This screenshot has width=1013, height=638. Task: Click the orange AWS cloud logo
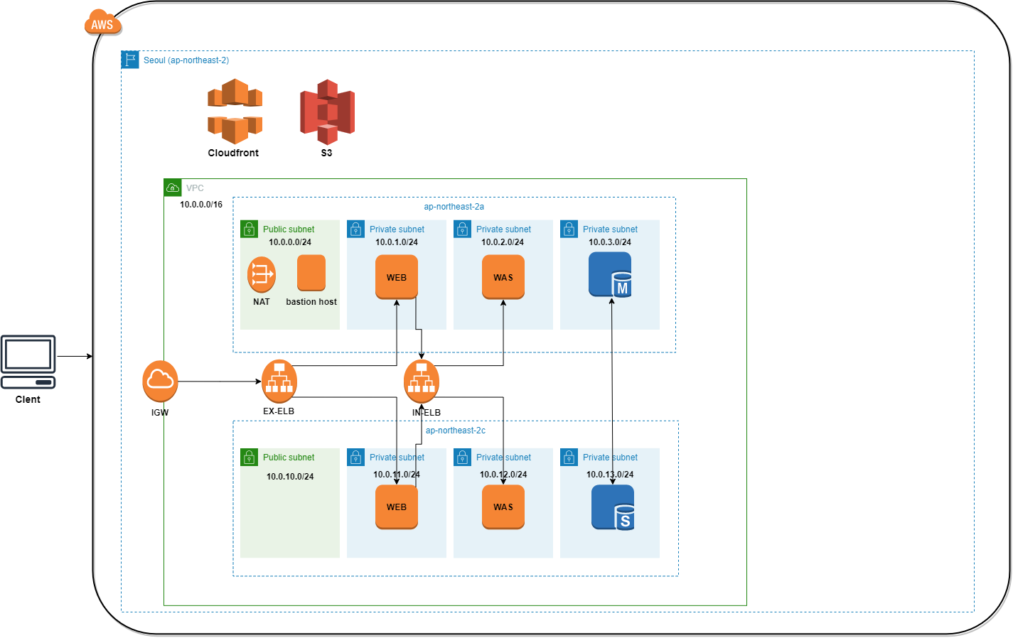click(x=103, y=22)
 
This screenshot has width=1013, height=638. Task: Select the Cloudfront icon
click(x=235, y=111)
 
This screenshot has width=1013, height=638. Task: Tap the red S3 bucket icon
click(x=327, y=112)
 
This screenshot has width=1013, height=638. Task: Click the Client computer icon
click(x=28, y=362)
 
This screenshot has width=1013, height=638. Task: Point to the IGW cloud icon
click(x=160, y=381)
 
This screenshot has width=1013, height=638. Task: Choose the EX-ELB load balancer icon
click(x=279, y=381)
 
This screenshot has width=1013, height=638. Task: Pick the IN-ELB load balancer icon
click(x=421, y=382)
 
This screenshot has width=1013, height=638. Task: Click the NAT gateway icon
click(x=262, y=274)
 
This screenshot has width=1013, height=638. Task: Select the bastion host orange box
click(x=311, y=273)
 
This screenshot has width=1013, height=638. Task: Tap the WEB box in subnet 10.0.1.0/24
click(x=397, y=277)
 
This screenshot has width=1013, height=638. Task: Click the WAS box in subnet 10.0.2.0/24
click(x=503, y=277)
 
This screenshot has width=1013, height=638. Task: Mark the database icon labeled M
click(x=610, y=274)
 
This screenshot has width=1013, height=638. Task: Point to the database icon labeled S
click(x=613, y=507)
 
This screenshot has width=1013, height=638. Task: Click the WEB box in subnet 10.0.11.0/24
click(x=397, y=507)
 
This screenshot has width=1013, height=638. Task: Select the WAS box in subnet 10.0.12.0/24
click(x=503, y=507)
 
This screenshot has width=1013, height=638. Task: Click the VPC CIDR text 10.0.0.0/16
click(x=201, y=204)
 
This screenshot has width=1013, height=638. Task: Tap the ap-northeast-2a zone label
click(x=454, y=207)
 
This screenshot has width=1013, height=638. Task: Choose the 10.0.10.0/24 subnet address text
click(x=290, y=476)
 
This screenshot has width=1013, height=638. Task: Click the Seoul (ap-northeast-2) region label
click(x=186, y=60)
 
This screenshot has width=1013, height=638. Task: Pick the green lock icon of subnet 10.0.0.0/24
click(x=250, y=229)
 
